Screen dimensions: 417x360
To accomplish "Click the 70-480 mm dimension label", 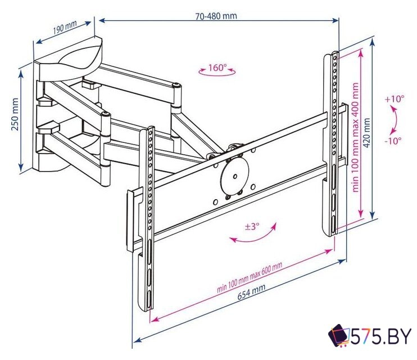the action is click(216, 16).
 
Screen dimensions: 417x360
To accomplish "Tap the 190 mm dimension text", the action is click(65, 27).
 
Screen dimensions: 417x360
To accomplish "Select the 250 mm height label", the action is click(15, 114).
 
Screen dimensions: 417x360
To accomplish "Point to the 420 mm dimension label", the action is click(367, 133).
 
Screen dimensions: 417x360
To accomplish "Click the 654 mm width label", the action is click(251, 292).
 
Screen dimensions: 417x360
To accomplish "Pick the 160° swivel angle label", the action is click(217, 67).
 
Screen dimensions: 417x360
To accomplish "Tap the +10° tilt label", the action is click(395, 99).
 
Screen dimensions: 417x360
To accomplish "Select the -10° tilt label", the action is click(392, 141).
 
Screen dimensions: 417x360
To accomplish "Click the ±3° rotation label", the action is click(252, 227).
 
